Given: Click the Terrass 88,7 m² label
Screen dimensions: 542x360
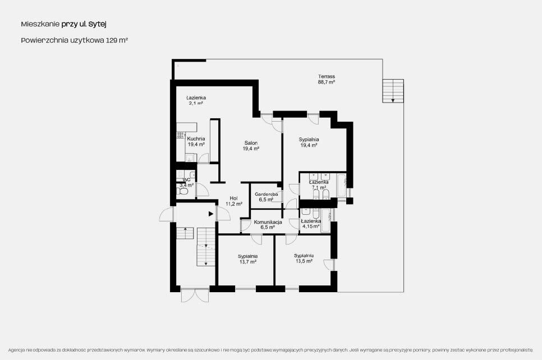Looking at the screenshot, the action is [327, 79].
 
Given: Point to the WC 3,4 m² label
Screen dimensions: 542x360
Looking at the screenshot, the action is [187, 182].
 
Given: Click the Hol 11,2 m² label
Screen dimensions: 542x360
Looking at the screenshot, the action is [234, 201].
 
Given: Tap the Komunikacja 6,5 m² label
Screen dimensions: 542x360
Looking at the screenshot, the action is [268, 224].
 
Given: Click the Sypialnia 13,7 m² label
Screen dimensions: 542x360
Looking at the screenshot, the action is [247, 259].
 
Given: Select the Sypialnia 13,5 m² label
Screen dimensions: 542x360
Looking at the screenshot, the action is [304, 259].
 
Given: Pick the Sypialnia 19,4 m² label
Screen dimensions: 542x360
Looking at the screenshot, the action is [309, 142].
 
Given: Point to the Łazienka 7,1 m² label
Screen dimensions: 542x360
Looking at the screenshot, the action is [319, 185].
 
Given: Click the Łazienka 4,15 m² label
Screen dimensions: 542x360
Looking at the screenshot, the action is [311, 224].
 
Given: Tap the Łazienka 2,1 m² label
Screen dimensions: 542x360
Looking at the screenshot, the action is [196, 100].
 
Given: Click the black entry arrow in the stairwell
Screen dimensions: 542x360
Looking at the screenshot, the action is [211, 214].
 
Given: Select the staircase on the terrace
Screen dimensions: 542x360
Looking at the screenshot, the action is [393, 91].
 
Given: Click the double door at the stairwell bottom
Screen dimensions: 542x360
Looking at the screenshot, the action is [195, 295].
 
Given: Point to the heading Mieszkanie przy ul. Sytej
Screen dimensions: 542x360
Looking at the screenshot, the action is [63, 24].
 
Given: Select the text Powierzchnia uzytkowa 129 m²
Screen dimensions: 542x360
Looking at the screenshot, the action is [75, 40].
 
